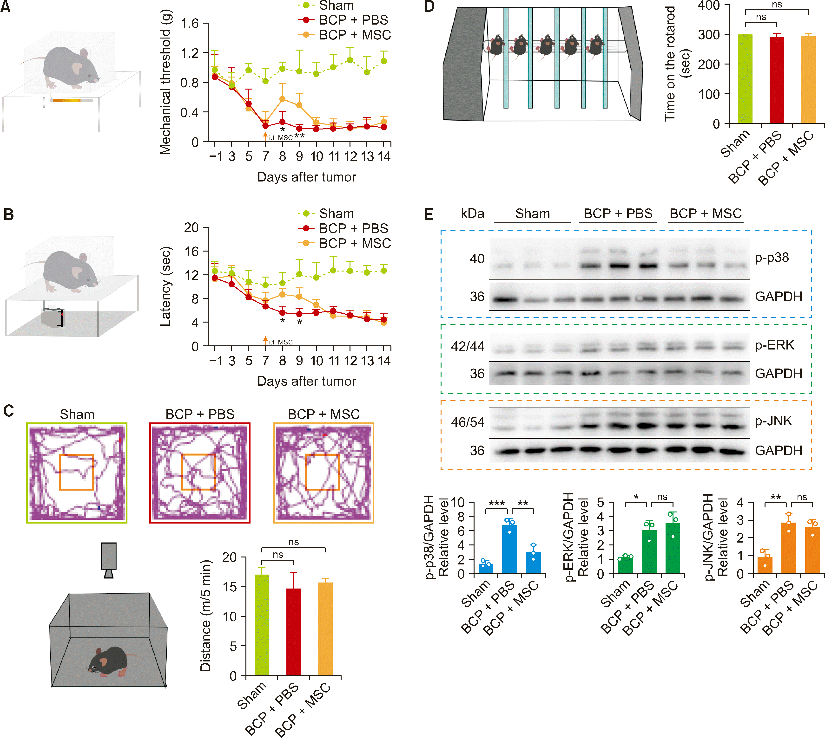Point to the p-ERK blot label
[x=774, y=345]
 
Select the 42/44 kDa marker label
[x=468, y=346]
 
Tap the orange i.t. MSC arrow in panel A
[x=265, y=136]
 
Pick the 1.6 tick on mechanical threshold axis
[x=190, y=24]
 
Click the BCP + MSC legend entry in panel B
[x=354, y=243]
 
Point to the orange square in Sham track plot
[x=76, y=472]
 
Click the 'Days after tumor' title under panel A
[x=306, y=177]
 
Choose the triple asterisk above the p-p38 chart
[x=497, y=504]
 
